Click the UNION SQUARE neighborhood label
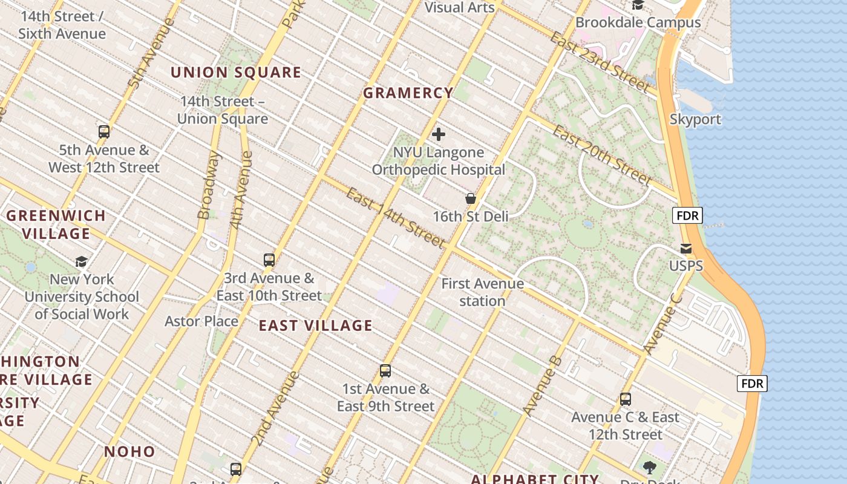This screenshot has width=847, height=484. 235,73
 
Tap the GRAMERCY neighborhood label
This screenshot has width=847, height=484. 408,93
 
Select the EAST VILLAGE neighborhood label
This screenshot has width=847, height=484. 315,325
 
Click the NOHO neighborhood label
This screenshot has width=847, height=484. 129,451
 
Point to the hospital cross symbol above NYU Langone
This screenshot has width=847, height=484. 439,134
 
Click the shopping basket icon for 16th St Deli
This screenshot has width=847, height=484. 470,198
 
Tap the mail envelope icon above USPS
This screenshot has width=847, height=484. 686,249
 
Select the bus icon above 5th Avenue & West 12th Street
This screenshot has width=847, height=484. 104,132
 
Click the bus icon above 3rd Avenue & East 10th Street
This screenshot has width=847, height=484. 269,260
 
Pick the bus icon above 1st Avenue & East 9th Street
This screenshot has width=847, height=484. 385,371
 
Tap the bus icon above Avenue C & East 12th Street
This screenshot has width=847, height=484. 626,399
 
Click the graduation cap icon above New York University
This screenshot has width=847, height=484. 81,261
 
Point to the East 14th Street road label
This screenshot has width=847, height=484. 396,218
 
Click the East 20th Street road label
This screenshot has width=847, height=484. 602,155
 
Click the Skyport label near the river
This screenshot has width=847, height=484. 695,119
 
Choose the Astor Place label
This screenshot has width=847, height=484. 201,321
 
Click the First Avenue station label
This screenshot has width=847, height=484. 482,292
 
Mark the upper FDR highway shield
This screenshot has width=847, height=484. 687,215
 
